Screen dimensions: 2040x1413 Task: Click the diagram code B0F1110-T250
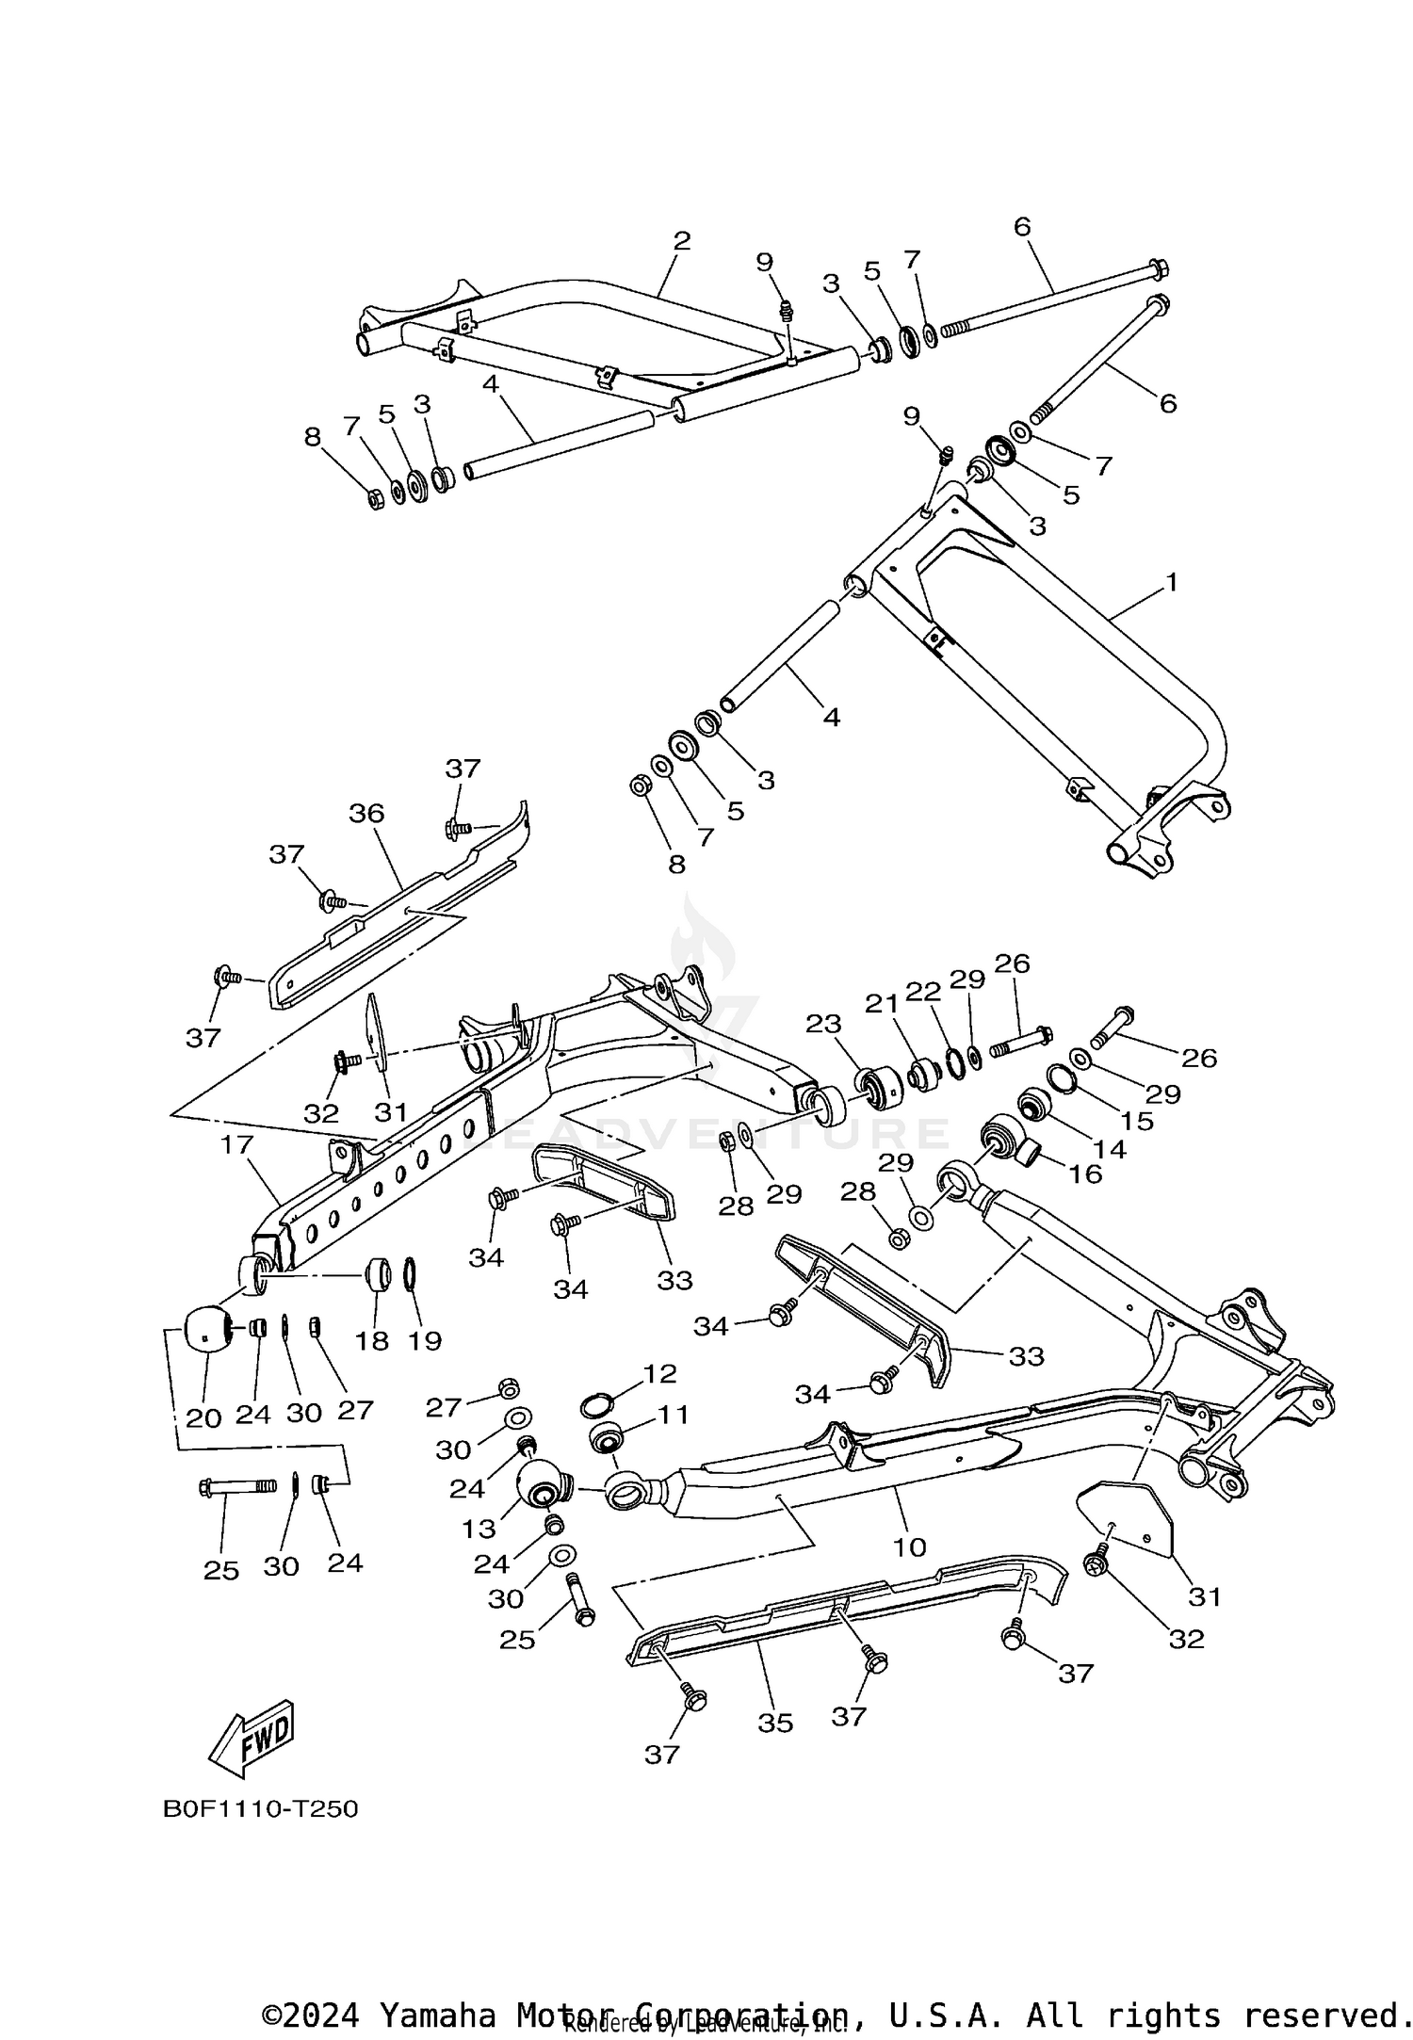click(x=261, y=1809)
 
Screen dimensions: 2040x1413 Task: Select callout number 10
click(x=910, y=1546)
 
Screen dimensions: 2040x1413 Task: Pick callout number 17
click(x=237, y=1144)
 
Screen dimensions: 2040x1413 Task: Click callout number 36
click(x=366, y=813)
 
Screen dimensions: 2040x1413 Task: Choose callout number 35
click(x=775, y=1723)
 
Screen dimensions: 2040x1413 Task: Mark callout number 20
click(x=203, y=1417)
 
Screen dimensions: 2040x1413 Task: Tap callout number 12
click(x=659, y=1373)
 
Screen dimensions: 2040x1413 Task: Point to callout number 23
click(x=822, y=1023)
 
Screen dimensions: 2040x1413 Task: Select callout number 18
click(x=373, y=1340)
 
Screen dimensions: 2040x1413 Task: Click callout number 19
click(x=425, y=1340)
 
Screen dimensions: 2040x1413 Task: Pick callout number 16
click(x=1085, y=1174)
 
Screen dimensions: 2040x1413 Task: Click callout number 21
click(x=883, y=1004)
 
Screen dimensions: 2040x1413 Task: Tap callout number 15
click(x=1137, y=1121)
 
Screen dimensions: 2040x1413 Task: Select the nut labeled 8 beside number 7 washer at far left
click(x=374, y=498)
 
